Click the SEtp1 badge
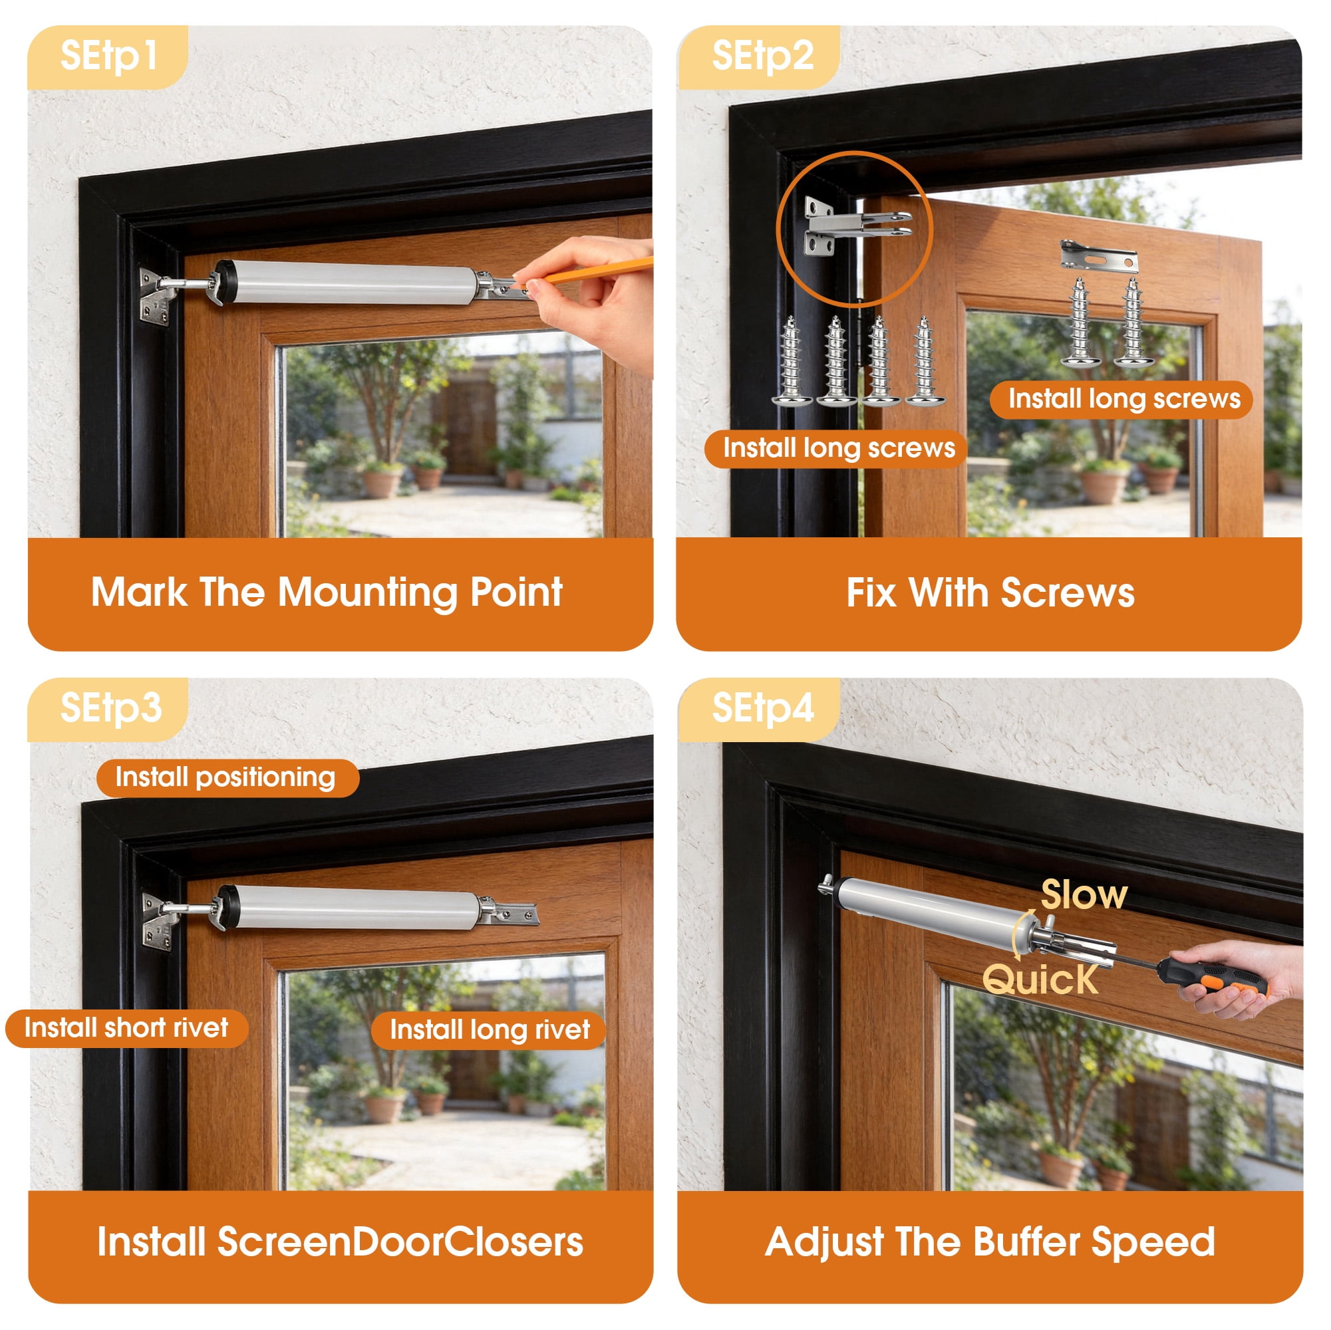pyautogui.click(x=108, y=57)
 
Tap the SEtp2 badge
pyautogui.click(x=760, y=57)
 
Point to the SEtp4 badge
pyautogui.click(x=760, y=709)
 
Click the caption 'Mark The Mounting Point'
pyautogui.click(x=327, y=593)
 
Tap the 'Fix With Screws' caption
pyautogui.click(x=990, y=593)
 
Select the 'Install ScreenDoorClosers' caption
pyautogui.click(x=340, y=1242)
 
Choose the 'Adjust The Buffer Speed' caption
pyautogui.click(x=990, y=1243)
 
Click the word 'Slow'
pyautogui.click(x=1084, y=895)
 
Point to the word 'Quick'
pyautogui.click(x=1040, y=980)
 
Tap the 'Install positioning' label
pyautogui.click(x=227, y=778)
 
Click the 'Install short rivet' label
pyautogui.click(x=127, y=1028)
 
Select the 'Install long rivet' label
pyautogui.click(x=489, y=1030)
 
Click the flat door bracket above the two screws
pyautogui.click(x=1099, y=257)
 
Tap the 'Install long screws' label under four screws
pyautogui.click(x=835, y=449)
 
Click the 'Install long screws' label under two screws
pyautogui.click(x=1121, y=400)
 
